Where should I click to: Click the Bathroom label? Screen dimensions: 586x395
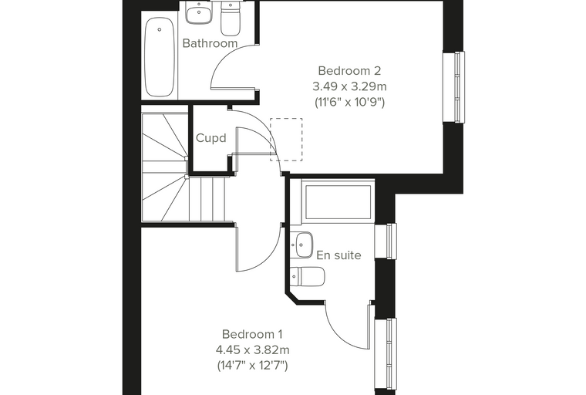[x=210, y=43]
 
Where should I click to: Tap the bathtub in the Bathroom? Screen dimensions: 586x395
[x=160, y=57]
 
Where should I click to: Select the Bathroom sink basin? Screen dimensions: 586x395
[x=199, y=12]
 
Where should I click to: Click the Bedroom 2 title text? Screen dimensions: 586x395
[x=349, y=71]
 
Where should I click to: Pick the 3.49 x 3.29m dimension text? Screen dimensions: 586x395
[x=349, y=86]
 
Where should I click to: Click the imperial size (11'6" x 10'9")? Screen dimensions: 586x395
[x=349, y=103]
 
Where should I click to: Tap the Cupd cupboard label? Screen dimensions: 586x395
[x=211, y=138]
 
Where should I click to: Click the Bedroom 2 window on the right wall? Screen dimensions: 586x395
[x=453, y=87]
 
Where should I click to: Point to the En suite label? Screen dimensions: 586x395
[x=338, y=255]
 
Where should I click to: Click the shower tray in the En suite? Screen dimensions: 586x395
[x=338, y=202]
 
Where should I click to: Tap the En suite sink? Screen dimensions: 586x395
[x=305, y=245]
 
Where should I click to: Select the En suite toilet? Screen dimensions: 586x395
[x=308, y=277]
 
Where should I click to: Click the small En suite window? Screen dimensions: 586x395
[x=386, y=241]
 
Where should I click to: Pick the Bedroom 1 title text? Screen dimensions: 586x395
[x=252, y=334]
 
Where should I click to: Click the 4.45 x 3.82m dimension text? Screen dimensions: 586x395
[x=252, y=350]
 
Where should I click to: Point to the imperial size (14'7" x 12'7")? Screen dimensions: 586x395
[x=252, y=366]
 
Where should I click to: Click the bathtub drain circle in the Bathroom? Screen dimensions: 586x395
[x=160, y=29]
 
